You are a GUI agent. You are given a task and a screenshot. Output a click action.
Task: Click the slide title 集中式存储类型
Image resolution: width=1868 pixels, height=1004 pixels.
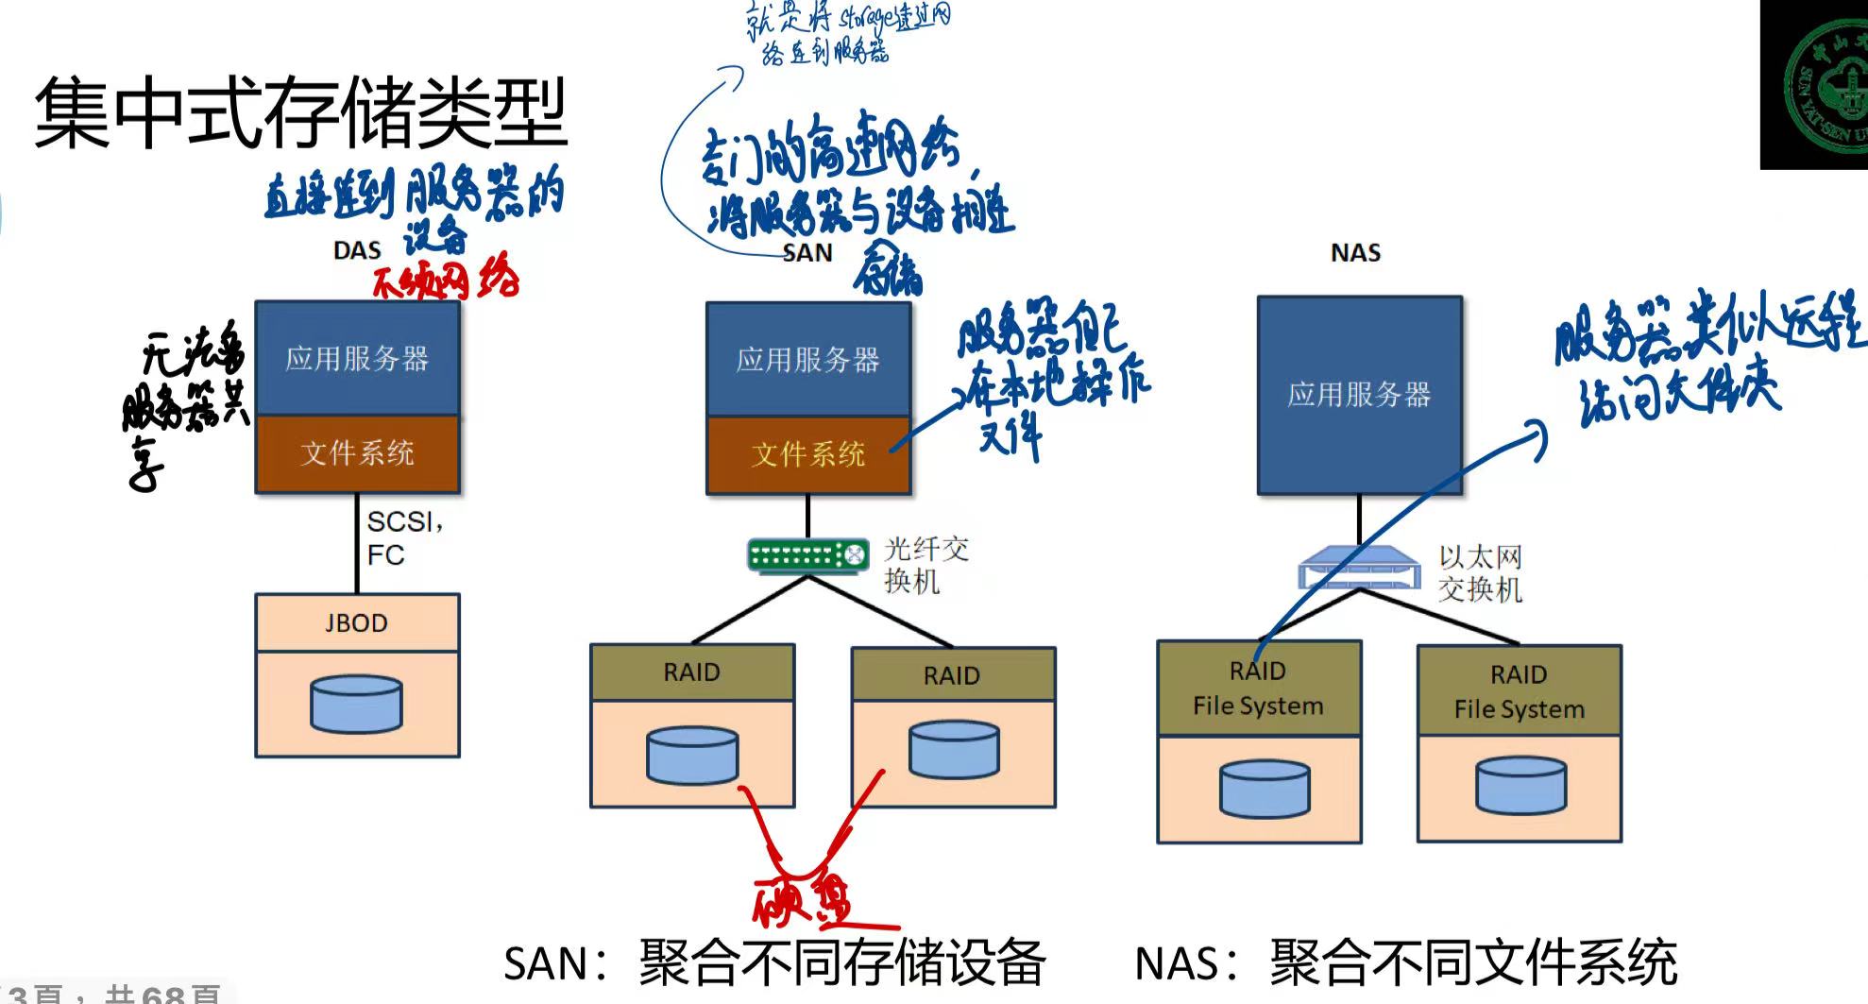[x=300, y=113]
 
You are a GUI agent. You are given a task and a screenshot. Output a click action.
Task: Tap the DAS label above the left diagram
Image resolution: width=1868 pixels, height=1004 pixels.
[x=357, y=250]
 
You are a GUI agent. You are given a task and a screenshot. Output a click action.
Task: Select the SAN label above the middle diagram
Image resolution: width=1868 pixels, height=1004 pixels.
[x=807, y=252]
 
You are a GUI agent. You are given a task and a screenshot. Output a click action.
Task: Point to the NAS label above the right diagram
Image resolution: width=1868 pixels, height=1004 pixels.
[x=1355, y=252]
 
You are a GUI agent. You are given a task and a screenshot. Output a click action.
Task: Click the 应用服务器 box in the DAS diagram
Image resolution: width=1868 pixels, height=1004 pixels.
[x=357, y=358]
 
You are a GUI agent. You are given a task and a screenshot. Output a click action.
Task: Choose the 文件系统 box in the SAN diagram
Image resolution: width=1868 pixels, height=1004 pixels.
[x=807, y=454]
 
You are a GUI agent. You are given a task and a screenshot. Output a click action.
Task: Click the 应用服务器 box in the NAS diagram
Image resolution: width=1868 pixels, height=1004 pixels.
[x=1359, y=395]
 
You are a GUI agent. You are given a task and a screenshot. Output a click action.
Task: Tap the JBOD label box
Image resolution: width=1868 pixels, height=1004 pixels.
[x=357, y=622]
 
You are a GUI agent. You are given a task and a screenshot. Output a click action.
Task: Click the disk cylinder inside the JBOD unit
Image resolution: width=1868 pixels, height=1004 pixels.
[x=357, y=704]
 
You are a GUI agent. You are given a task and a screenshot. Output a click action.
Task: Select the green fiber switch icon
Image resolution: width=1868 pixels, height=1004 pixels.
[x=807, y=555]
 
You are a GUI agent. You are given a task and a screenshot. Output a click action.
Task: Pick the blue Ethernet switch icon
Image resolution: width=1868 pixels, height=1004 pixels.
[x=1359, y=570]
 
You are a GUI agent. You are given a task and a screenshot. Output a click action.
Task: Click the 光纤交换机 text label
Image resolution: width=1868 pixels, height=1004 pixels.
[x=926, y=565]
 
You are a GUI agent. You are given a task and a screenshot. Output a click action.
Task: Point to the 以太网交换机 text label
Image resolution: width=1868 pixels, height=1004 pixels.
[x=1480, y=573]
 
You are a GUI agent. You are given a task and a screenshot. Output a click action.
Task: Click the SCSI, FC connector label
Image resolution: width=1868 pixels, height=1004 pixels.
[x=404, y=537]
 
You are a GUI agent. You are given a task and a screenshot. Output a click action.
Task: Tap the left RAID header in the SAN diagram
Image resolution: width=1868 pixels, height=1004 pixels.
[x=691, y=672]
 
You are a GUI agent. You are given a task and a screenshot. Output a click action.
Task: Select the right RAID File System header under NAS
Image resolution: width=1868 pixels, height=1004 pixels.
[x=1519, y=691]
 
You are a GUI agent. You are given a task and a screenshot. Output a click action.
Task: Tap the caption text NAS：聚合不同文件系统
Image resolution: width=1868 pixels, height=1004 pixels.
[x=1405, y=963]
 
